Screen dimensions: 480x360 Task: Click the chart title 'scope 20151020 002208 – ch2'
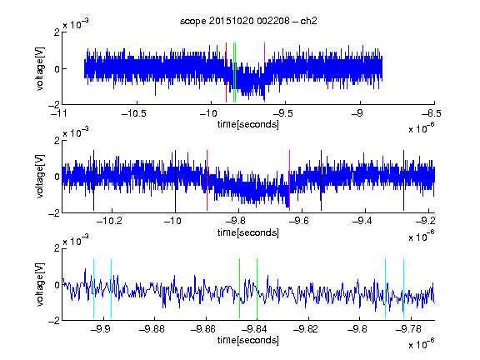248,21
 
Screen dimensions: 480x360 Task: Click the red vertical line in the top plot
226,72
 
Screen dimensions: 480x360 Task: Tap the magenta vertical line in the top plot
264,72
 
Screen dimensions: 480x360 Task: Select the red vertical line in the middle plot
207,180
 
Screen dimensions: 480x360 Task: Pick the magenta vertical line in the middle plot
290,180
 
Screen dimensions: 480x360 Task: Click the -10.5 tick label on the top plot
134,113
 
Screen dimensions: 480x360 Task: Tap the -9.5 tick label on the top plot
282,113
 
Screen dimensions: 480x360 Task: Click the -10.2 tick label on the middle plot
109,221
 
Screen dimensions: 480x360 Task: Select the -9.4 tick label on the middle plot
362,221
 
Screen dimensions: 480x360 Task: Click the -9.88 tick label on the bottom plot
152,329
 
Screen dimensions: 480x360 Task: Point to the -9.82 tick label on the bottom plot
306,329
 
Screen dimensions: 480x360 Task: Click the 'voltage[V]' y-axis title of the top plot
40,68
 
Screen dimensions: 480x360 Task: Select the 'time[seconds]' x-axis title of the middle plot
248,232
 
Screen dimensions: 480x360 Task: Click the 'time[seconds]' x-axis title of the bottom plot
248,340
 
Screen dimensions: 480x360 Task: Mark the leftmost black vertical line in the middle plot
93,180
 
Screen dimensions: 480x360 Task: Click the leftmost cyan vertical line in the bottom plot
93,288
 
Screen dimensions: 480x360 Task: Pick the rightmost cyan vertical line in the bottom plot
404,288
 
